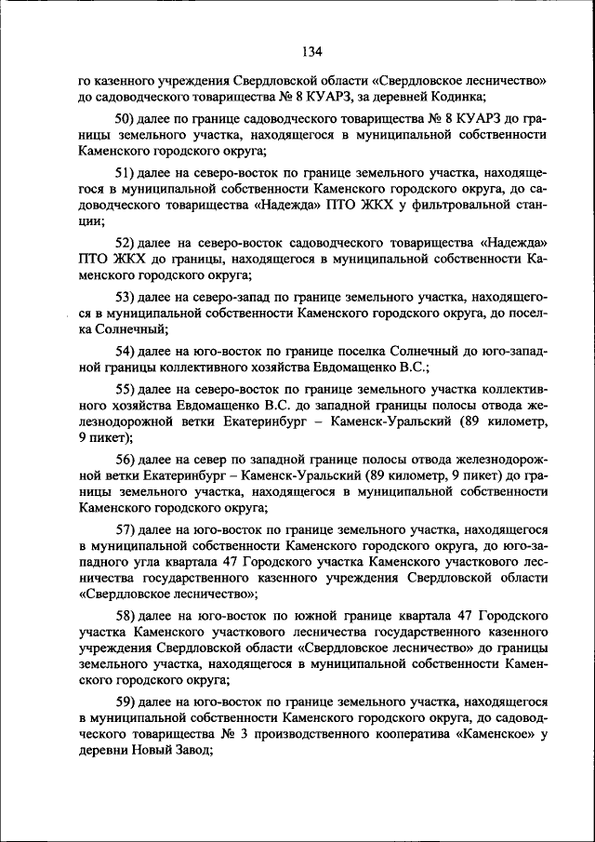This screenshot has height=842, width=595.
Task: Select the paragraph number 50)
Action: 126,118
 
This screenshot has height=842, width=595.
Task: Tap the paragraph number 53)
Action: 126,297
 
